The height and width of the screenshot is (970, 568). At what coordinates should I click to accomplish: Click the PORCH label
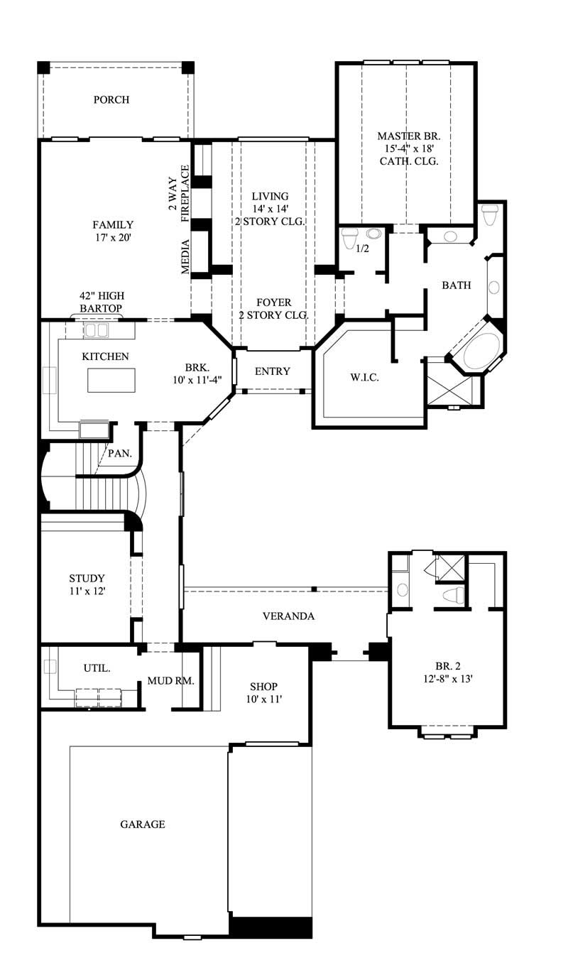click(x=111, y=99)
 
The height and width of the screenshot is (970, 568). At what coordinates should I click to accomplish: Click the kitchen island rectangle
click(x=111, y=381)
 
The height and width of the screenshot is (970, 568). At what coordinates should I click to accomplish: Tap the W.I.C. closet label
click(x=364, y=377)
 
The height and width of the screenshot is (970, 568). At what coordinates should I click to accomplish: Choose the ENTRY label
click(x=273, y=371)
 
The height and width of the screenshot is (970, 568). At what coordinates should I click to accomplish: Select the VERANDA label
click(x=288, y=616)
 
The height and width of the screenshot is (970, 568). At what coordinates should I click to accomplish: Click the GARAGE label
click(x=142, y=824)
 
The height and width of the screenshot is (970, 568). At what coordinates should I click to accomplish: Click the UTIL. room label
click(x=97, y=668)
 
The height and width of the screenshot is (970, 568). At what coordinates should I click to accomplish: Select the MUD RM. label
click(x=170, y=680)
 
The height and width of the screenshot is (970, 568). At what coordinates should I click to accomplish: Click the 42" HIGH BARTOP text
click(x=100, y=301)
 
